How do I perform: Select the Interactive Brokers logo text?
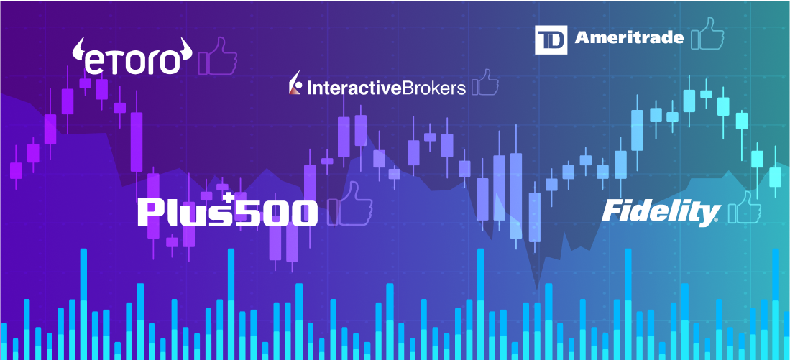coord(377,88)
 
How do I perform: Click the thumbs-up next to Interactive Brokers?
coord(484,83)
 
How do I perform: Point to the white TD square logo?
coord(551,40)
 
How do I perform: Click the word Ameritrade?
coord(629,37)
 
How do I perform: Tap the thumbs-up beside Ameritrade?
coord(707,34)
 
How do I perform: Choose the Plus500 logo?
coord(227,212)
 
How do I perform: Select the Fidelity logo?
coord(660,212)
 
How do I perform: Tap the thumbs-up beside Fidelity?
coord(743,208)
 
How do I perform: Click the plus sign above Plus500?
coord(229,197)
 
